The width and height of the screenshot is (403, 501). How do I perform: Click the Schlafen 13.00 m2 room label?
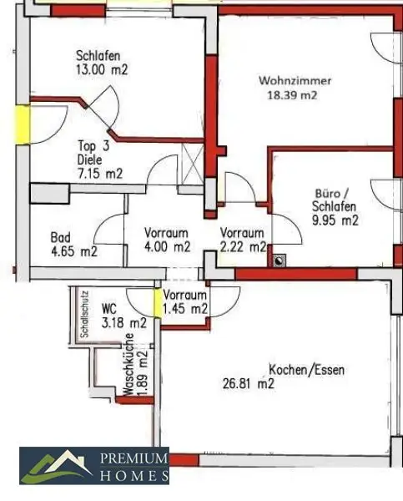pyautogui.click(x=99, y=63)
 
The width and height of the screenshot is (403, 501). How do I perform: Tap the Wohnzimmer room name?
pyautogui.click(x=295, y=81)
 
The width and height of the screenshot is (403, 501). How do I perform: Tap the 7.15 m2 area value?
pyautogui.click(x=100, y=174)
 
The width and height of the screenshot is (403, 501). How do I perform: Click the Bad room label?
pyautogui.click(x=59, y=236)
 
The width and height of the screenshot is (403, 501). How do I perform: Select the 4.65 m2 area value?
pyautogui.click(x=73, y=250)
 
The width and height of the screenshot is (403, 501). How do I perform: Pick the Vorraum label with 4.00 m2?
pyautogui.click(x=166, y=233)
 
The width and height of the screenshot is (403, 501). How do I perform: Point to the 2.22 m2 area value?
pyautogui.click(x=243, y=247)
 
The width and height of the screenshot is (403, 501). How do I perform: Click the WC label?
pyautogui.click(x=109, y=308)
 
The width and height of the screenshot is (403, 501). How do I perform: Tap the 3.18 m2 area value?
pyautogui.click(x=124, y=321)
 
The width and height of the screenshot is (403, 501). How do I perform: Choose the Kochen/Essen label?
pyautogui.click(x=306, y=370)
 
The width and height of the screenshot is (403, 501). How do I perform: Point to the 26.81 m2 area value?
pyautogui.click(x=248, y=384)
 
